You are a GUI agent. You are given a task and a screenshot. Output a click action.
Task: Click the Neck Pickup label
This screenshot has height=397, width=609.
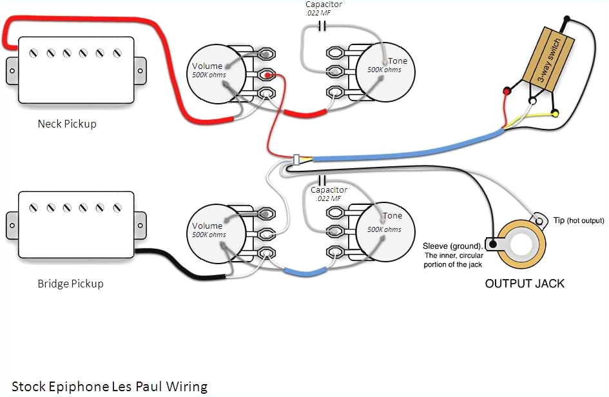66,124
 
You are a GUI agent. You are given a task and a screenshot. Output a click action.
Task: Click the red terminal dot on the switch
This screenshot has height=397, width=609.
507,92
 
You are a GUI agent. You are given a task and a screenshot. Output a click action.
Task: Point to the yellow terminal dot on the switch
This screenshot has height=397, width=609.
554,113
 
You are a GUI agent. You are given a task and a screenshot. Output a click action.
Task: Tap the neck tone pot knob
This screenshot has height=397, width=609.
385,70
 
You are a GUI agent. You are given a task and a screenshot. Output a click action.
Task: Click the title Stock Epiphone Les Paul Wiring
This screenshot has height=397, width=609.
110,386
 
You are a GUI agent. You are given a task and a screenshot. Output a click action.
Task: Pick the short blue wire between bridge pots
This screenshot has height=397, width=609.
303,271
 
